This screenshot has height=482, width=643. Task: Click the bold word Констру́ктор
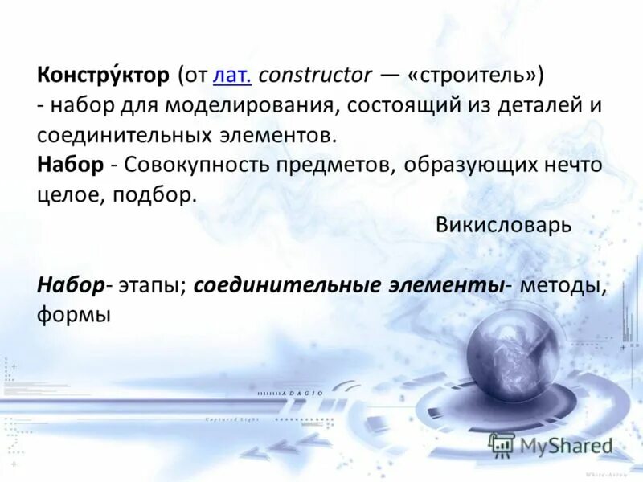[x=103, y=76]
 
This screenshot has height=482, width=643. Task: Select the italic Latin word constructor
[x=316, y=76]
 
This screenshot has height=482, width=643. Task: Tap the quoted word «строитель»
[x=476, y=76]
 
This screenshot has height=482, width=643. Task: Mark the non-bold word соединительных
[x=114, y=135]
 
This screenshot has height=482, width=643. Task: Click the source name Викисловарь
[x=503, y=225]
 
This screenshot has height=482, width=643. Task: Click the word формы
[x=73, y=315]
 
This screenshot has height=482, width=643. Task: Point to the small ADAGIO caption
[x=303, y=394]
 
